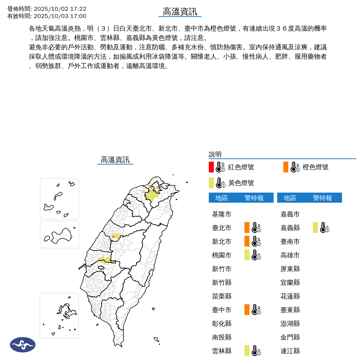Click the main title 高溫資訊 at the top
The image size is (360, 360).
point(180,12)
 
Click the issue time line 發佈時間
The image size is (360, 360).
point(47,9)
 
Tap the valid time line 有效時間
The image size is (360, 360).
point(47,16)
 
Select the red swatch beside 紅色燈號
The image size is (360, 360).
point(211,167)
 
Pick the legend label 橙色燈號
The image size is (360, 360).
point(315,167)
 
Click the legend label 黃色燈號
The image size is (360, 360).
point(241,183)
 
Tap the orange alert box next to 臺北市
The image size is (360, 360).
point(247,228)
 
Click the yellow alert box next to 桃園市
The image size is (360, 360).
point(247,255)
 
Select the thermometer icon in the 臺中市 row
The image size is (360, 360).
point(256,310)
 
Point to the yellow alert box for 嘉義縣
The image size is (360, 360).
point(315,228)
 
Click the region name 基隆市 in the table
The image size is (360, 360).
point(222,214)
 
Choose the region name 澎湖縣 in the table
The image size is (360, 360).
point(290,323)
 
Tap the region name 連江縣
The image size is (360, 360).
point(290,351)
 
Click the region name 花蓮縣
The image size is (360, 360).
point(290,296)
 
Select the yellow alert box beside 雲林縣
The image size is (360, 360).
point(247,351)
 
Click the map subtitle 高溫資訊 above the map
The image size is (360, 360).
point(115,160)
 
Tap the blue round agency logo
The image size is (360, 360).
point(23,345)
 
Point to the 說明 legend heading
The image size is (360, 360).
point(215,154)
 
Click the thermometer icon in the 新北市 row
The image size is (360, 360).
point(256,241)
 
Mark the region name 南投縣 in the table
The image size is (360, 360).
point(222,337)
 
